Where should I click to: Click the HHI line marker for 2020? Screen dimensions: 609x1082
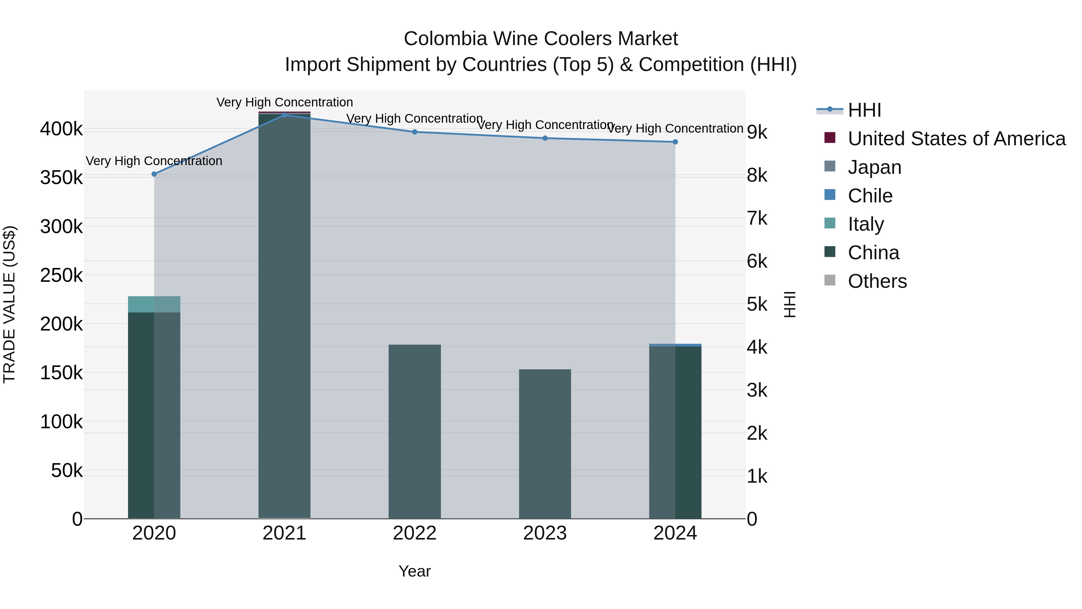(x=154, y=174)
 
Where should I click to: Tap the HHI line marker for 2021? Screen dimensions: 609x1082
(x=284, y=115)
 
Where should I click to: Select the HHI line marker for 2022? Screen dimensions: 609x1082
(x=414, y=132)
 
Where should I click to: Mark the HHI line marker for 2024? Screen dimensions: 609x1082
(x=675, y=142)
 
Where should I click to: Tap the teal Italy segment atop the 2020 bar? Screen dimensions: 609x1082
(x=154, y=304)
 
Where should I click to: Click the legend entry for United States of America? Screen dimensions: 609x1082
(x=956, y=139)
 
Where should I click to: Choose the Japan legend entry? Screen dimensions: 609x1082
(x=875, y=167)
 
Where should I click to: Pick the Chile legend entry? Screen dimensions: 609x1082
(x=870, y=196)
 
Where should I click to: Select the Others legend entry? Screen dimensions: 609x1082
(x=877, y=281)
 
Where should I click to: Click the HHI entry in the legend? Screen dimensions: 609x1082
(x=864, y=110)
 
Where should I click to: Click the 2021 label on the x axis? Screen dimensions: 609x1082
(x=284, y=533)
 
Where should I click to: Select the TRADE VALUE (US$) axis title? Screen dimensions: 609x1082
(x=9, y=304)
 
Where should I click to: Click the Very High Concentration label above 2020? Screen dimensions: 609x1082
(x=154, y=161)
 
